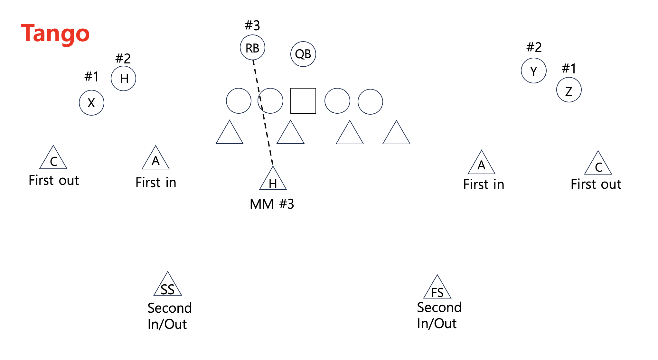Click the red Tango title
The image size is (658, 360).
(55, 33)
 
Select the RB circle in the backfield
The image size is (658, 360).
(252, 48)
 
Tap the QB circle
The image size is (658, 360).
(303, 54)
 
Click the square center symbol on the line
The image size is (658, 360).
(303, 101)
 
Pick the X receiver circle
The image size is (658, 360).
(91, 103)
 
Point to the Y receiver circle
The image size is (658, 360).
(533, 71)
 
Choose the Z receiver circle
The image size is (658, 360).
(569, 90)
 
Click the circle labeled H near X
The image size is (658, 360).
(124, 78)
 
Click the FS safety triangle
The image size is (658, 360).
(437, 289)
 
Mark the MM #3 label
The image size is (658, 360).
(272, 204)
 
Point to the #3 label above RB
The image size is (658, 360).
(252, 25)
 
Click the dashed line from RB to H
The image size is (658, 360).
(263, 113)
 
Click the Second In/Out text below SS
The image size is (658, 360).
(169, 316)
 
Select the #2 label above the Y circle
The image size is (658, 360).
(534, 47)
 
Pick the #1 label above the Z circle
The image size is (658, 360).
(569, 69)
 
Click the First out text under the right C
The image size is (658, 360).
(596, 184)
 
